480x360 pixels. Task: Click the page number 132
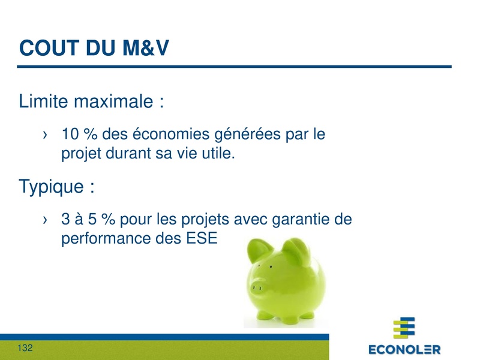[25, 348]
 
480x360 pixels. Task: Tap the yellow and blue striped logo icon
[404, 329]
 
